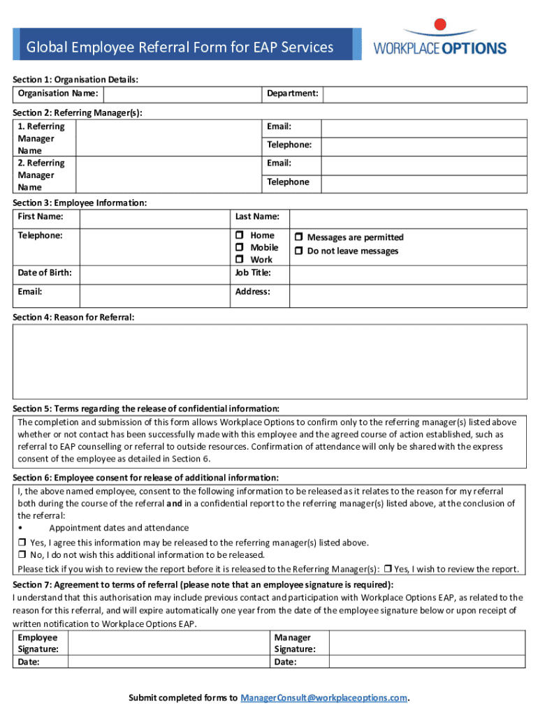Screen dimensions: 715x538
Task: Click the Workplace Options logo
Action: click(x=439, y=39)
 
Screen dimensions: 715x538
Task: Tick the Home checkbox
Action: click(x=239, y=236)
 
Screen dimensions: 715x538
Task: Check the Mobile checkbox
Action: click(x=239, y=248)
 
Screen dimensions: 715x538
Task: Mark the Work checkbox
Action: click(x=239, y=260)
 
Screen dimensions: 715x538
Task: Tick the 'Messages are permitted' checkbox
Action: click(x=298, y=238)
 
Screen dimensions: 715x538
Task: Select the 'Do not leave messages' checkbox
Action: click(x=298, y=251)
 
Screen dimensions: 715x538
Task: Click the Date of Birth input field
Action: click(x=155, y=273)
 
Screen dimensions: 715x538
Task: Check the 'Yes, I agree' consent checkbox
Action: click(x=22, y=543)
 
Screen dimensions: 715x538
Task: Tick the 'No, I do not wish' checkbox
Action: click(x=22, y=555)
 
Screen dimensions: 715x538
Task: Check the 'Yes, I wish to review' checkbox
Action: click(x=388, y=568)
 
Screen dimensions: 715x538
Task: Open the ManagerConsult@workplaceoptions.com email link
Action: click(x=323, y=698)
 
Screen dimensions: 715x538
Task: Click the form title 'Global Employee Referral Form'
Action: click(x=180, y=47)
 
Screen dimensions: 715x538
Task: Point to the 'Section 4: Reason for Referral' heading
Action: click(x=73, y=318)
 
